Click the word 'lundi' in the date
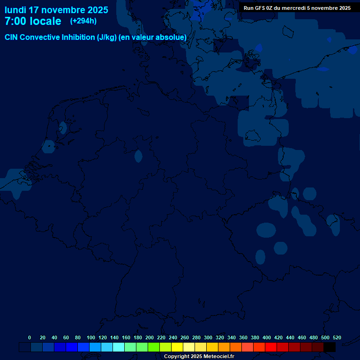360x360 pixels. coord(15,10)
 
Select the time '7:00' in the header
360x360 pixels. coord(16,21)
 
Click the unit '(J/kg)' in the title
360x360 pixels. coord(108,37)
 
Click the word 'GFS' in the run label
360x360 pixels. coord(260,8)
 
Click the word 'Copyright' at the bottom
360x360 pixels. coord(177,357)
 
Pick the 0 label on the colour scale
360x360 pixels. coord(30,337)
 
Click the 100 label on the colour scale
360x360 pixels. coord(91,337)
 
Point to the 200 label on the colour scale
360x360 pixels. coord(150,337)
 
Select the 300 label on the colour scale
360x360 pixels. coord(208,337)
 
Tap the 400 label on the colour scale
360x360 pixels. coord(267,337)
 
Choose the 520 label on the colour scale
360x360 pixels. coord(337,337)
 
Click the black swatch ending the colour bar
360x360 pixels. coord(330,347)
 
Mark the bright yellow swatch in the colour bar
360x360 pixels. coord(177,347)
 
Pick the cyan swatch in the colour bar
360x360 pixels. coord(119,347)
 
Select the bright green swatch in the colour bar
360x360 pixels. coord(154,347)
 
